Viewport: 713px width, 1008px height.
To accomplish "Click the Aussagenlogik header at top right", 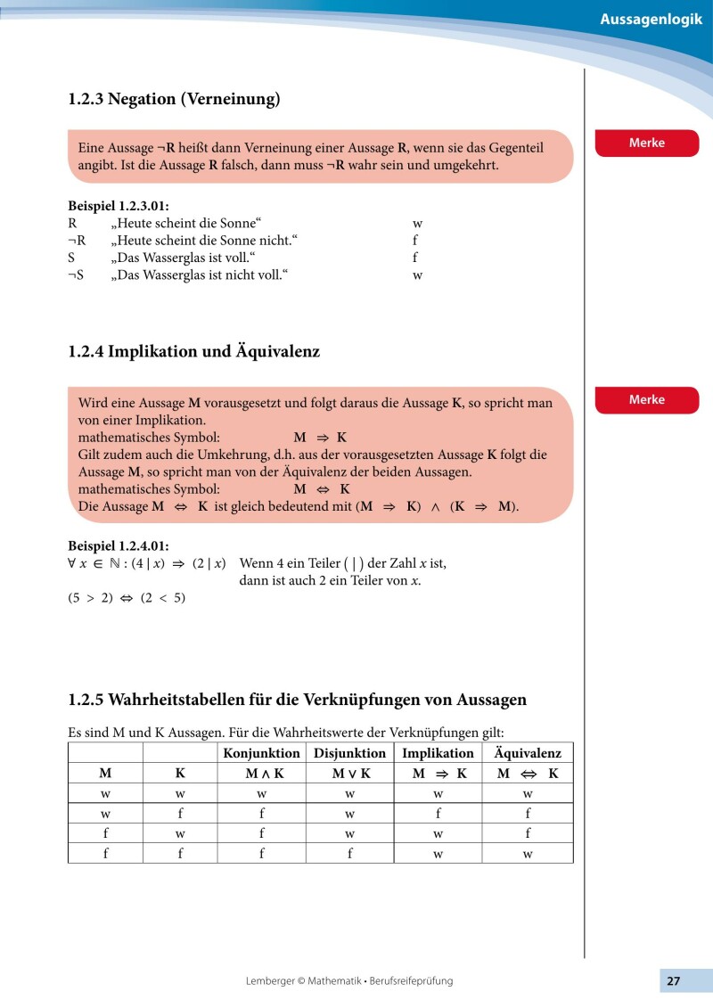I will pos(657,19).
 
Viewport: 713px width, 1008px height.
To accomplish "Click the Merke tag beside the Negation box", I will pos(647,143).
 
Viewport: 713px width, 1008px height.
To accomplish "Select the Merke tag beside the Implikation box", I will pos(647,399).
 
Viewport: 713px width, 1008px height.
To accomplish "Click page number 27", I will pos(673,980).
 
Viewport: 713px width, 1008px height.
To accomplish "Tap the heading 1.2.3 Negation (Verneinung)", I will pos(174,99).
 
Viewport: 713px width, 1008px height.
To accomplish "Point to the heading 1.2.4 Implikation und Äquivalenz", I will pos(193,351).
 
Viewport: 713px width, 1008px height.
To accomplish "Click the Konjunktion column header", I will pos(261,753).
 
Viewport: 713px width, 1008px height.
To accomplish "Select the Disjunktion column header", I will pos(349,753).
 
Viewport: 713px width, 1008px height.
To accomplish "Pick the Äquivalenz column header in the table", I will pos(528,753).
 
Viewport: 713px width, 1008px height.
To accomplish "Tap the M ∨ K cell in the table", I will pos(349,774).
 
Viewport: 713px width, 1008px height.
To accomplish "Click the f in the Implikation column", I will pos(438,813).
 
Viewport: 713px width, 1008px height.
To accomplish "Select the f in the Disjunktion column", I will pos(349,853).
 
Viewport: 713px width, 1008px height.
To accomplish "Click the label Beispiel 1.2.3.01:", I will pos(119,206).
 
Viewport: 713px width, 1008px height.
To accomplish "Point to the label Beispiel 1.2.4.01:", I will pos(119,545).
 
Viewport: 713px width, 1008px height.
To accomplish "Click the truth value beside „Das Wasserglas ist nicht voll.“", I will pos(416,275).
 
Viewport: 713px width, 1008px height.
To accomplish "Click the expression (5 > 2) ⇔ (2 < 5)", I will pos(127,598).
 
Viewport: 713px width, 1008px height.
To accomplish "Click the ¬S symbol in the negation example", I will pos(76,275).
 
